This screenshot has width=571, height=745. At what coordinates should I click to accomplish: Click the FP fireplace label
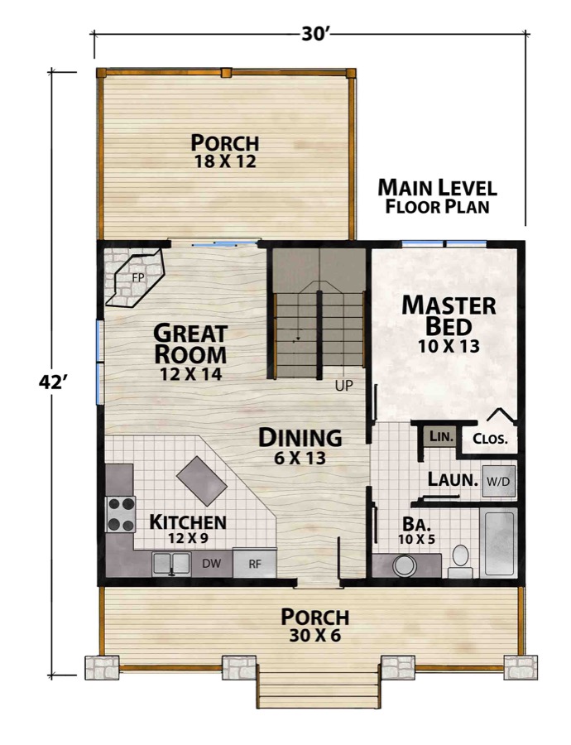pyautogui.click(x=137, y=278)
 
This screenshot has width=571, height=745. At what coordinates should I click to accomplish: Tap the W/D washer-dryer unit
pyautogui.click(x=499, y=481)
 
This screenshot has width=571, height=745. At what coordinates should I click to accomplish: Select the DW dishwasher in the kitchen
pyautogui.click(x=211, y=564)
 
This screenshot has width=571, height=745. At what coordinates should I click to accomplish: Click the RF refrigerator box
pyautogui.click(x=255, y=564)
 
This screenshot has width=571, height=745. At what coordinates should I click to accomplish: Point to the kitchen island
pyautogui.click(x=202, y=481)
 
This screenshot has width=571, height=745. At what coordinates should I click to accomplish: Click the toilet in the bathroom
pyautogui.click(x=460, y=560)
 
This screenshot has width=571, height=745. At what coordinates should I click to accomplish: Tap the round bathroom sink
pyautogui.click(x=405, y=565)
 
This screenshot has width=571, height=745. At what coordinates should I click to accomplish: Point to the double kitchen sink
pyautogui.click(x=171, y=564)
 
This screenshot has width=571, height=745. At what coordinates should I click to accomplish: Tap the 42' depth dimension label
pyautogui.click(x=51, y=382)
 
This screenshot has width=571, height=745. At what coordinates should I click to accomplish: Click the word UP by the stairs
pyautogui.click(x=344, y=386)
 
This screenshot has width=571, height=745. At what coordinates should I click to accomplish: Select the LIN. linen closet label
pyautogui.click(x=442, y=435)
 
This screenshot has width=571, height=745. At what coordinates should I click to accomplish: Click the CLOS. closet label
pyautogui.click(x=490, y=438)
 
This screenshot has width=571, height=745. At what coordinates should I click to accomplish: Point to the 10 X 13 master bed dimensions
pyautogui.click(x=449, y=346)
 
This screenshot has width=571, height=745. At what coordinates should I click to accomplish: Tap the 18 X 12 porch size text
pyautogui.click(x=225, y=161)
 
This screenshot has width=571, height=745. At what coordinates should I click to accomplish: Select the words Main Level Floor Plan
pyautogui.click(x=437, y=197)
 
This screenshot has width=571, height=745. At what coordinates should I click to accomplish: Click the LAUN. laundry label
pyautogui.click(x=453, y=479)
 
